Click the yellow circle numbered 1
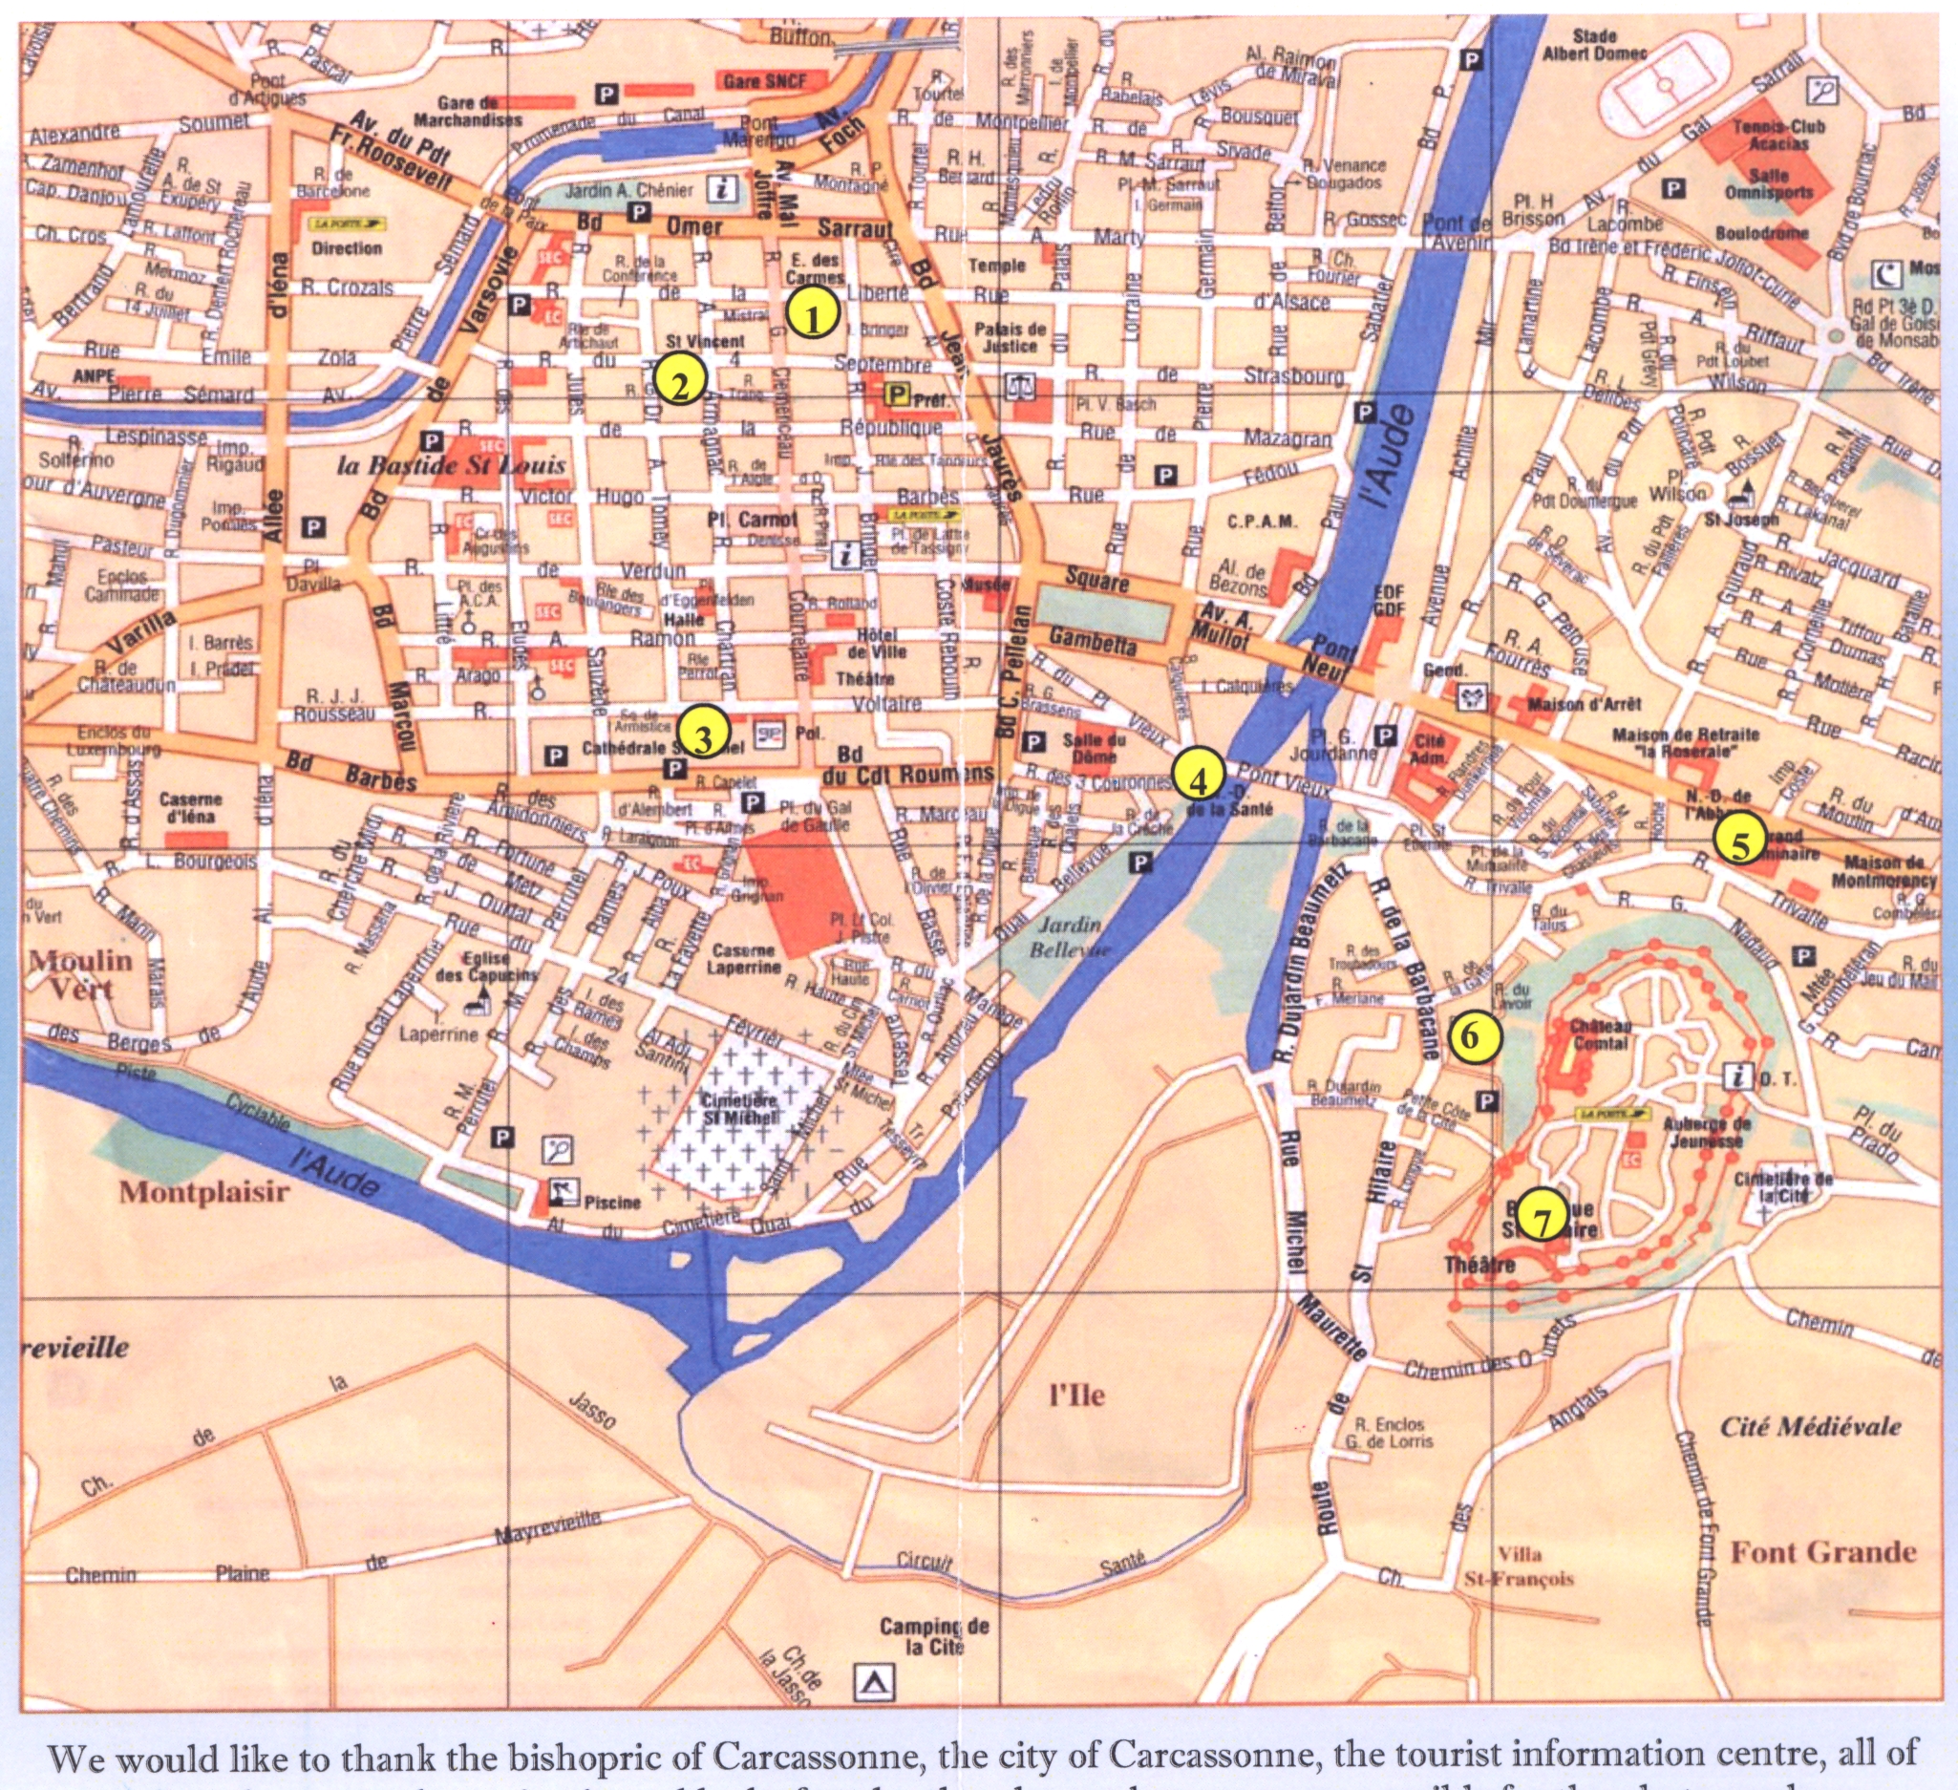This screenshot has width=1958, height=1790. tap(813, 312)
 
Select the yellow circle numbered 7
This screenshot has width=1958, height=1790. tap(1542, 1215)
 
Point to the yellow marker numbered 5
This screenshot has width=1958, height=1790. tap(1739, 842)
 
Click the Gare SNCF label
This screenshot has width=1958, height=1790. tap(765, 81)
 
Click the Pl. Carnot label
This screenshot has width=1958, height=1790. tap(752, 520)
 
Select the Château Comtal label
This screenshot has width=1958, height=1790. tap(1601, 1034)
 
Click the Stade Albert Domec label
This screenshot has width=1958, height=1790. tap(1594, 45)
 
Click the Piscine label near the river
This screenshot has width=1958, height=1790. tap(612, 1202)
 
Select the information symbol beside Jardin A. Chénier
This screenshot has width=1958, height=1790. tap(722, 188)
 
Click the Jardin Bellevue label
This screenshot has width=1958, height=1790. tap(1066, 936)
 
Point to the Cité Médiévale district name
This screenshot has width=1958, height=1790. tap(1810, 1427)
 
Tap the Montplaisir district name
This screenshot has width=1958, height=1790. tap(204, 1192)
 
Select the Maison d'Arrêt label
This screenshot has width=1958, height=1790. tap(1583, 703)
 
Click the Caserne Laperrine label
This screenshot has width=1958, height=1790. tap(744, 959)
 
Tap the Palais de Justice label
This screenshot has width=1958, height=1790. tap(1011, 337)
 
